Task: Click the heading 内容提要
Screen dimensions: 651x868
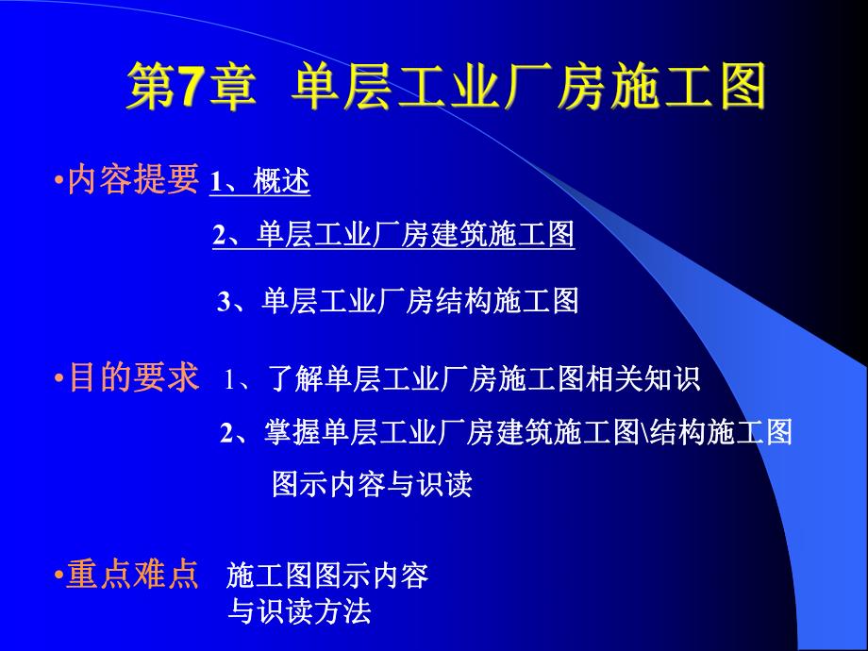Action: [133, 178]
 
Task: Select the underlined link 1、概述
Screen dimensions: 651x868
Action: [259, 182]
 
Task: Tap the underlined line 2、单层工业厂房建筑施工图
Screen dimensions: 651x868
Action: [393, 236]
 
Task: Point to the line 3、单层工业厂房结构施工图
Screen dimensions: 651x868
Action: [397, 301]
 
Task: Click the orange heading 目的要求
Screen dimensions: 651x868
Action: [133, 379]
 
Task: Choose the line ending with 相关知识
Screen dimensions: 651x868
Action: [463, 381]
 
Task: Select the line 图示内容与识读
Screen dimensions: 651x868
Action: [372, 484]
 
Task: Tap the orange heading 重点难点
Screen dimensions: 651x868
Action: [133, 575]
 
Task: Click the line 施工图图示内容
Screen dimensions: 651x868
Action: [328, 575]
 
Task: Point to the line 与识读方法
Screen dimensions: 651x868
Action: [300, 611]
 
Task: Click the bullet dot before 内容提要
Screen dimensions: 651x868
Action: [58, 179]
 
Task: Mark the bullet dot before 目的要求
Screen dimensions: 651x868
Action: [58, 380]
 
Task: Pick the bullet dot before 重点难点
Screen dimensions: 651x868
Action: [58, 576]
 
